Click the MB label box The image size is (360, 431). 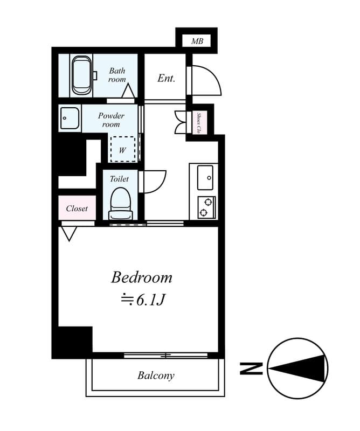coord(197,41)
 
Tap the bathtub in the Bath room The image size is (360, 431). coord(82,75)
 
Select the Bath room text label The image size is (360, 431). coord(117,75)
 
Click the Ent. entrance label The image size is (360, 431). coord(167,78)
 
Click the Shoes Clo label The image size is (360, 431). coord(199,122)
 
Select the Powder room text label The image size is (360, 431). coord(111,120)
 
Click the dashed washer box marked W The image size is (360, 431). coord(122,149)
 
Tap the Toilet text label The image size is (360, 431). coord(119,178)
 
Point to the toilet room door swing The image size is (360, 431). coord(154,181)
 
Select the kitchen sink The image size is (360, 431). coord(206,178)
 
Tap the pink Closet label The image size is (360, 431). coord(77,208)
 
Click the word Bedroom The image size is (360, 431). coord(142,277)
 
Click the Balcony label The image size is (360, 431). coord(156,376)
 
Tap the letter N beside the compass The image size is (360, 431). coord(251,369)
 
